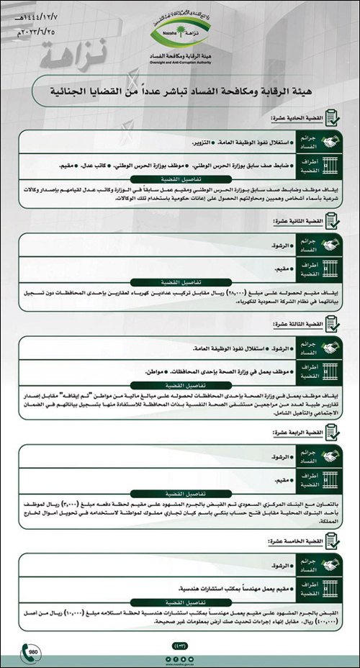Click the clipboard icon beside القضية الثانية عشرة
pos(333,222)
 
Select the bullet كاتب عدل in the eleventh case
pos(99,165)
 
